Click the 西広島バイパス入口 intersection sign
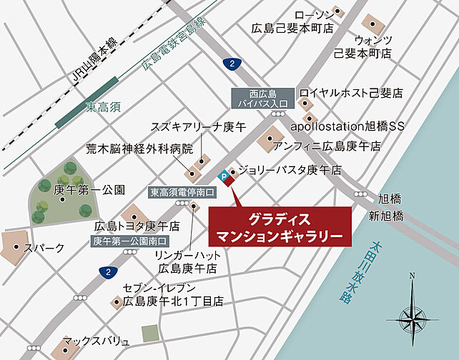(262, 98)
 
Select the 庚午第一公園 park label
(90, 190)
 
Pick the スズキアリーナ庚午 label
(187, 127)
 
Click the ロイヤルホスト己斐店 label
(352, 94)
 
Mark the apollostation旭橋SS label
(347, 126)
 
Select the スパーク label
(44, 248)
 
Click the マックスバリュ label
(96, 341)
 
